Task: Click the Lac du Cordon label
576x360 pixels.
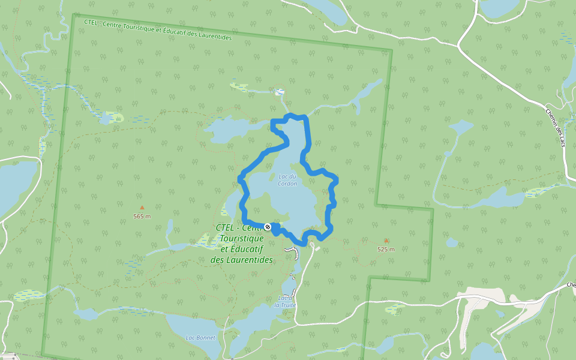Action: pyautogui.click(x=288, y=180)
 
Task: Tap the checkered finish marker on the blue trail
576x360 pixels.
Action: pyautogui.click(x=268, y=226)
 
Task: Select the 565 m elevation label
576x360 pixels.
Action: pyautogui.click(x=142, y=216)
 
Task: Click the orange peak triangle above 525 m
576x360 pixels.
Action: pyautogui.click(x=386, y=240)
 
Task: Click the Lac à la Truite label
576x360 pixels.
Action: pyautogui.click(x=286, y=301)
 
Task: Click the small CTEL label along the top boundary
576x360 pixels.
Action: pyautogui.click(x=157, y=30)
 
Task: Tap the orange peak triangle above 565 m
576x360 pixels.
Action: pyautogui.click(x=142, y=208)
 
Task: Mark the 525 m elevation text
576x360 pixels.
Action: pyautogui.click(x=386, y=249)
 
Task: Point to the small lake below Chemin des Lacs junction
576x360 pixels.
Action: pyautogui.click(x=461, y=127)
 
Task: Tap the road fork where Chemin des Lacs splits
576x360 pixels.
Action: pyautogui.click(x=459, y=45)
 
